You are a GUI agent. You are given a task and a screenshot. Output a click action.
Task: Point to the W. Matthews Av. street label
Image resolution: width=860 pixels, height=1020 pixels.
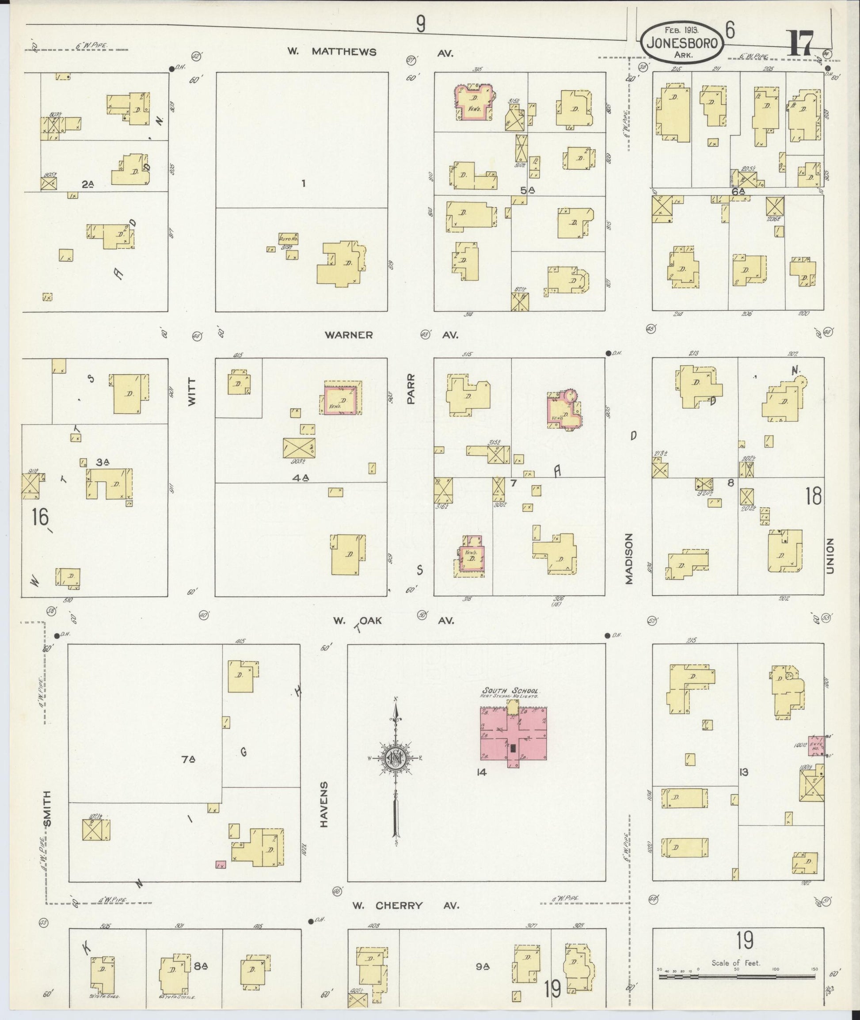click(370, 52)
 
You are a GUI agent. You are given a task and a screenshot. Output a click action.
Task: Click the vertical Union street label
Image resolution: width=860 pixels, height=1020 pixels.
click(830, 556)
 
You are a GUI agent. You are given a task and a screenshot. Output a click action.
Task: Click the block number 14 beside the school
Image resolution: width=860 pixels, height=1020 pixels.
click(482, 772)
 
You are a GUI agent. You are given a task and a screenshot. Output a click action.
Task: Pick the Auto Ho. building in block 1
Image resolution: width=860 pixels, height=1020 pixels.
click(288, 238)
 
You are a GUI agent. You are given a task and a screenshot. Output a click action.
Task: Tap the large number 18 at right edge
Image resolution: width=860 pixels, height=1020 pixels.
click(814, 496)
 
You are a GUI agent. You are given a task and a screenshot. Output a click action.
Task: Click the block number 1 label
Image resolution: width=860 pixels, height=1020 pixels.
click(303, 183)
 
